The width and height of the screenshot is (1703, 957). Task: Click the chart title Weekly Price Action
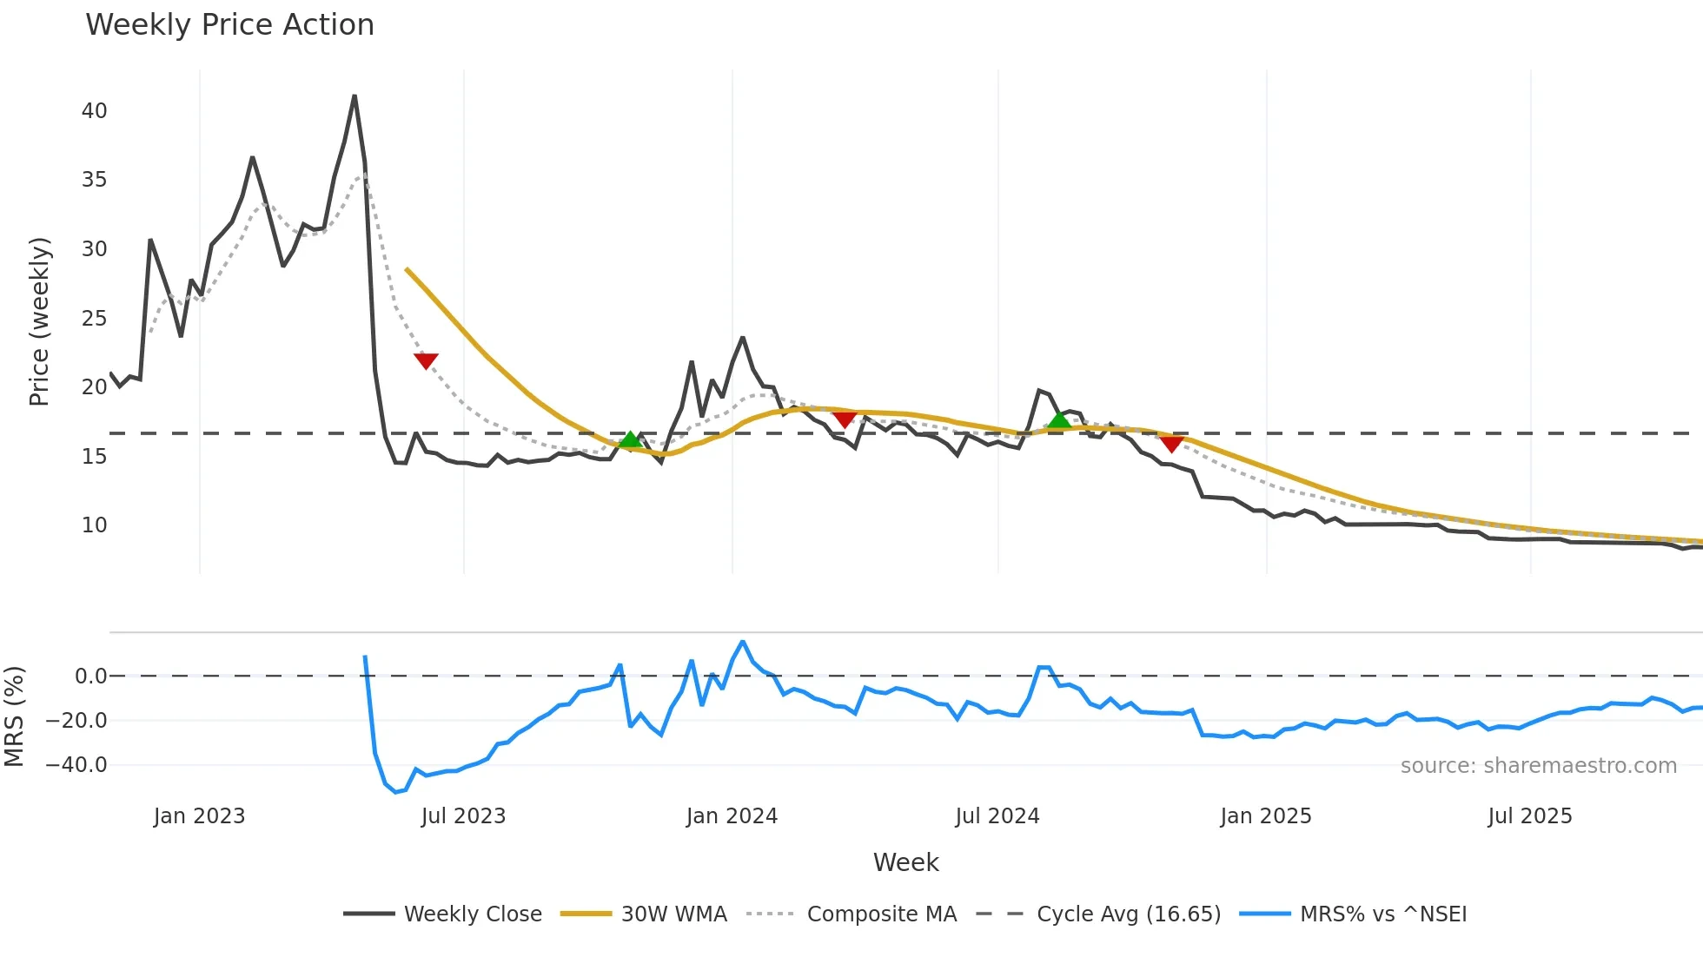[x=229, y=25]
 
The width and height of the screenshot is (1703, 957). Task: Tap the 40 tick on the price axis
[x=94, y=111]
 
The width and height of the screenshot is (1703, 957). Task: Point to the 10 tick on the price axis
[x=94, y=525]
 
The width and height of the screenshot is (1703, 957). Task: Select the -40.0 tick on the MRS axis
[x=76, y=765]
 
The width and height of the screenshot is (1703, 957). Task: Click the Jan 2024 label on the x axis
[x=732, y=816]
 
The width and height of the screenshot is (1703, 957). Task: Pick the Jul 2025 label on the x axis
[x=1529, y=816]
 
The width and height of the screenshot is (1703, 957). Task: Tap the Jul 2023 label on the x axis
[x=463, y=816]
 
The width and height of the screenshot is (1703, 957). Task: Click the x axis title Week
[x=905, y=862]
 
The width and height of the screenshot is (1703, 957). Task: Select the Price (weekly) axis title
[x=39, y=321]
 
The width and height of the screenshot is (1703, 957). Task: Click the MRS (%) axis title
[x=14, y=716]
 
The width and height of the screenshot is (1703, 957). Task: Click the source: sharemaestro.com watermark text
[x=1538, y=766]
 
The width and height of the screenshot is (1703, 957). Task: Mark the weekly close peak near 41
[x=355, y=96]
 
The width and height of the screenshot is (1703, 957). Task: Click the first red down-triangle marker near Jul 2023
[x=426, y=360]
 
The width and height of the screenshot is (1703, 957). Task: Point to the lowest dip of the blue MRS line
[x=396, y=792]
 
